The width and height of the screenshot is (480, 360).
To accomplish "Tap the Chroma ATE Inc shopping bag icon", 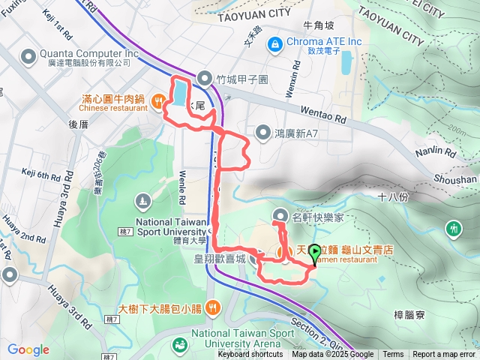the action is [x=275, y=42].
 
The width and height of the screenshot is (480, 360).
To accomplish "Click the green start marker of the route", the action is [x=314, y=253].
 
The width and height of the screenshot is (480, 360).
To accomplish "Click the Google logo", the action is [x=28, y=349].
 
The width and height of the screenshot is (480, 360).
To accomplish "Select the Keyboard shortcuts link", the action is [x=250, y=355].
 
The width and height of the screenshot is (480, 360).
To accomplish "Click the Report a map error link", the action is [x=444, y=355].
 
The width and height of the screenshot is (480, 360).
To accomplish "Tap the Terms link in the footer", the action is [x=393, y=355].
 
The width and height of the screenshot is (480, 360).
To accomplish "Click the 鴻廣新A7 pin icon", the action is [x=263, y=133].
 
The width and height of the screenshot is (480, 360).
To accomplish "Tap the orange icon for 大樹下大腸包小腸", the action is [x=214, y=306].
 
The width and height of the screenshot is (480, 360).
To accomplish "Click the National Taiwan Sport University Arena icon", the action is [x=180, y=344].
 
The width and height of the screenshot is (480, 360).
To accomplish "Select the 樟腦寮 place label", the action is [x=409, y=317].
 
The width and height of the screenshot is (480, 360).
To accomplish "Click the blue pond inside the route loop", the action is [x=181, y=93].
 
